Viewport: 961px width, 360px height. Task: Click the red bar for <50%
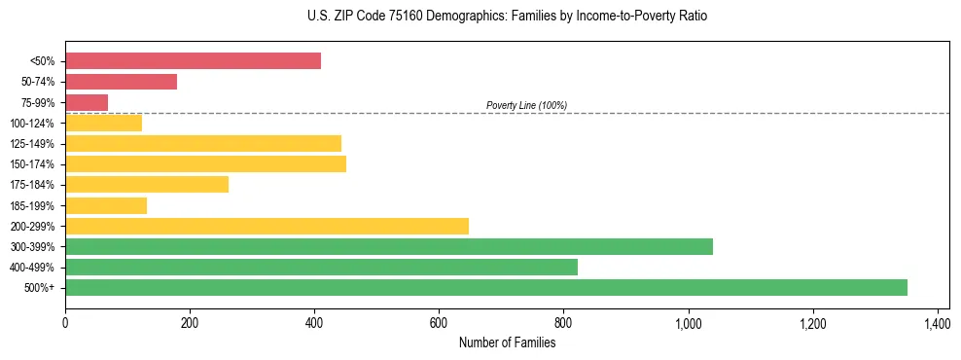click(x=193, y=61)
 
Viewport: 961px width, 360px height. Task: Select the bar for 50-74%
click(x=121, y=82)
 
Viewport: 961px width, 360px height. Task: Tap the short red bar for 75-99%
click(x=87, y=102)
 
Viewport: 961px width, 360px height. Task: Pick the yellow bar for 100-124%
click(x=103, y=123)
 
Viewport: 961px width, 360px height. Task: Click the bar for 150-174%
click(x=205, y=163)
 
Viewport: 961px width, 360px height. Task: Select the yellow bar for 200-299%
click(x=267, y=226)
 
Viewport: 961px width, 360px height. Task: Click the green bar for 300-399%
click(x=389, y=246)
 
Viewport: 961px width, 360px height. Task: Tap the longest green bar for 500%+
click(x=486, y=287)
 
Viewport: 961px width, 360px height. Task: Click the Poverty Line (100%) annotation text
click(x=526, y=105)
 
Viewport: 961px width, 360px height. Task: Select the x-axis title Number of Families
click(x=507, y=342)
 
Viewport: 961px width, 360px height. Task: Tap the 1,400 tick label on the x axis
click(x=937, y=322)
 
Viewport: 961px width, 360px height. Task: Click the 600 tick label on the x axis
click(x=439, y=322)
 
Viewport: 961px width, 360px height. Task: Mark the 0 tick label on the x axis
click(x=65, y=322)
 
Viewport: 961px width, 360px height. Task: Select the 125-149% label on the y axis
click(x=32, y=144)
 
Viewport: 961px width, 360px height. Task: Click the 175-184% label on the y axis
click(x=32, y=185)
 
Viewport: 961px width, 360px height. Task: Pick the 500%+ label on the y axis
click(x=40, y=288)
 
